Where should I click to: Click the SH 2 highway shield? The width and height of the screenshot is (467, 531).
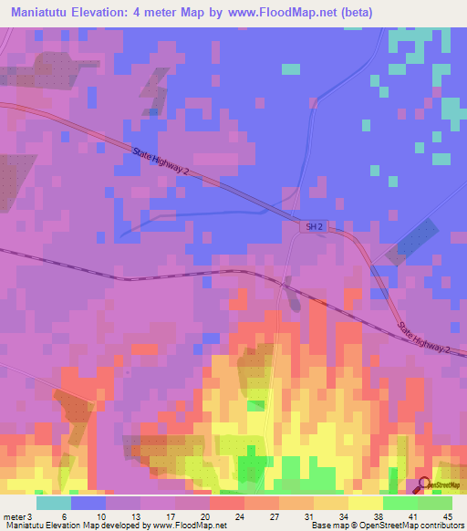pyautogui.click(x=313, y=224)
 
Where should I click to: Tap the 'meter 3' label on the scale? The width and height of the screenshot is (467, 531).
pyautogui.click(x=19, y=517)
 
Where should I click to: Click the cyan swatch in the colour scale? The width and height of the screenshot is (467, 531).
pyautogui.click(x=54, y=503)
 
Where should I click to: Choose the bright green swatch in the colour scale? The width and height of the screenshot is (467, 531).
pyautogui.click(x=400, y=503)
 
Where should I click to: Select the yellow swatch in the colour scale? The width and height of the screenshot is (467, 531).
pyautogui.click(x=366, y=503)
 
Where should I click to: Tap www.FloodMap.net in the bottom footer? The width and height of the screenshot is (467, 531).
pyautogui.click(x=189, y=526)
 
